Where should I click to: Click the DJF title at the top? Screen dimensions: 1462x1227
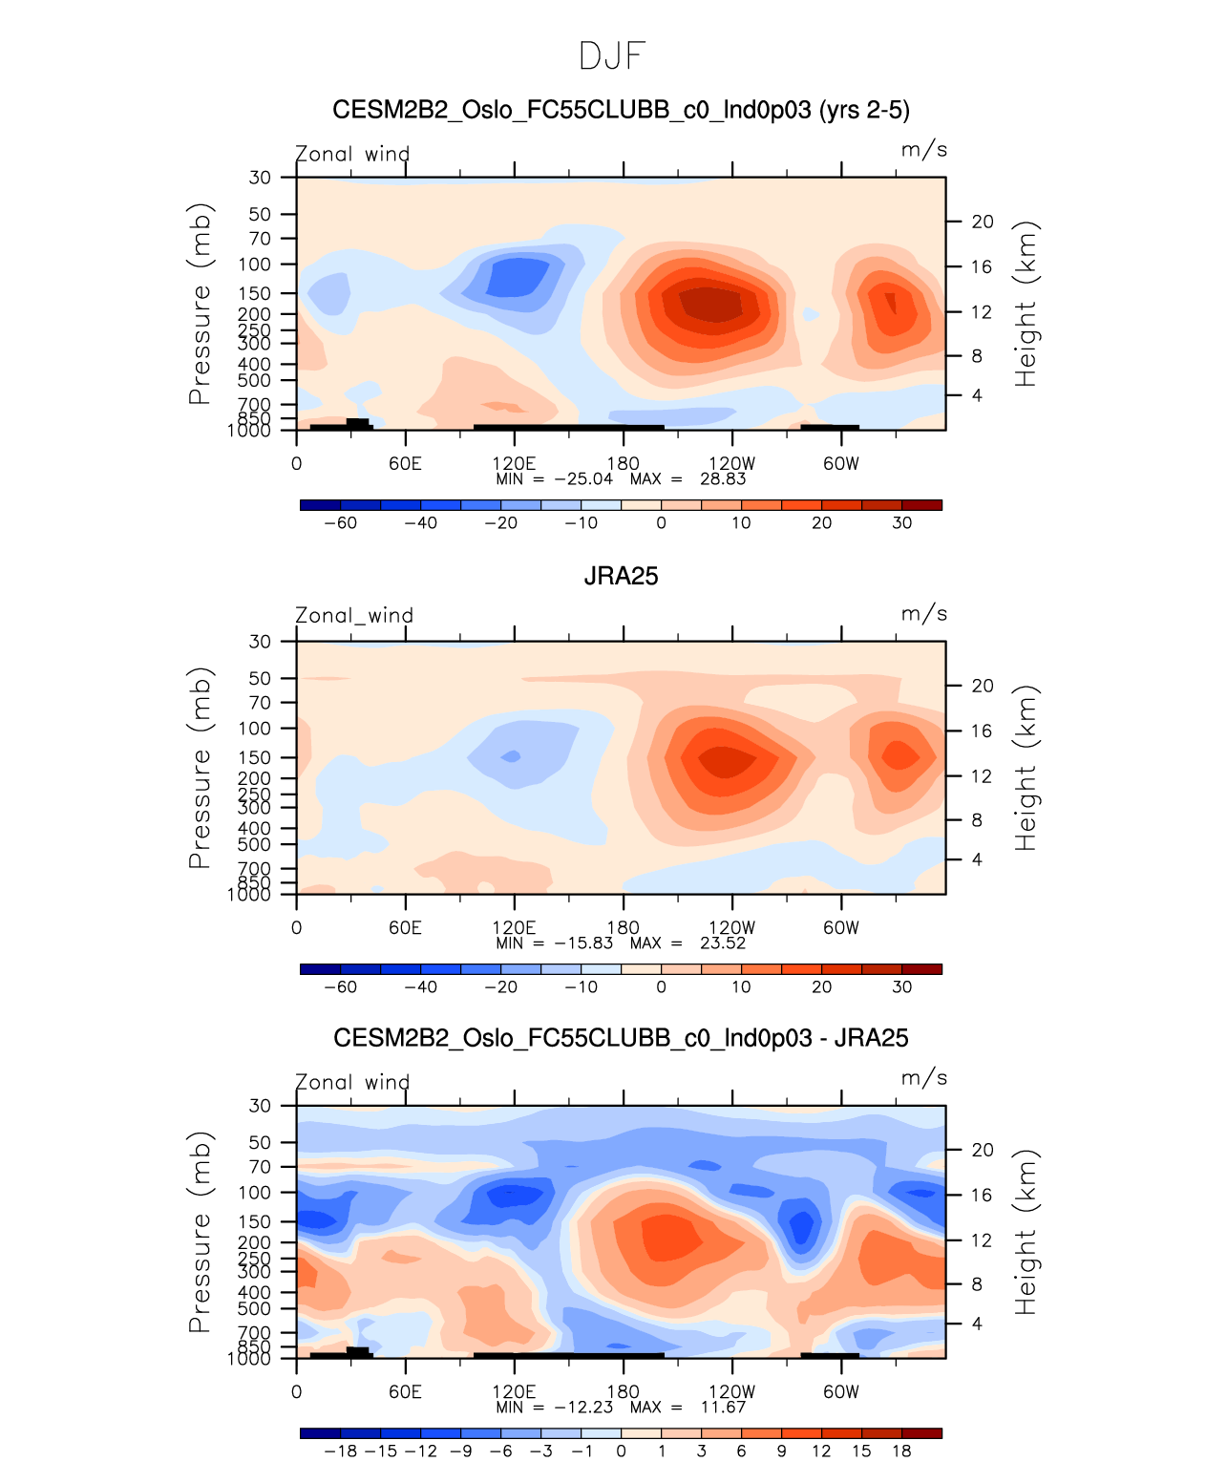point(612,56)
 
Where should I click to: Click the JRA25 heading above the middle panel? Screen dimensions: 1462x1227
point(621,576)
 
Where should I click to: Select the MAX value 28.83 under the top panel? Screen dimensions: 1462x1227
point(723,479)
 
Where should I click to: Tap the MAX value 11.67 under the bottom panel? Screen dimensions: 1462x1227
point(723,1408)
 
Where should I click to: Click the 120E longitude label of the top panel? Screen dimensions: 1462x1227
point(514,464)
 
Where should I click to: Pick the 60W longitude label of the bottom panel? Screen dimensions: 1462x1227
point(840,1392)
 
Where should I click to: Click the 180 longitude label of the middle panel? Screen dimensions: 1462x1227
point(623,928)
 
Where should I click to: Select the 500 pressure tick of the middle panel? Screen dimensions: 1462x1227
point(255,845)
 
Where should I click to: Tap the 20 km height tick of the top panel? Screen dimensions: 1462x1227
point(983,222)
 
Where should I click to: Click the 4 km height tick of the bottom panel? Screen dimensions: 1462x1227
point(977,1324)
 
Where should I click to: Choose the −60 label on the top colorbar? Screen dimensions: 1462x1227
point(340,523)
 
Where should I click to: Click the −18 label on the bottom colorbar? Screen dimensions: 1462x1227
point(340,1451)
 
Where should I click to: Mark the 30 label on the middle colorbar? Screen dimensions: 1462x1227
point(901,987)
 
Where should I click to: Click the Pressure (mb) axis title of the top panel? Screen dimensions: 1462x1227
point(199,304)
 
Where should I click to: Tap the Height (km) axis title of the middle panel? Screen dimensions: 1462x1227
point(1026,768)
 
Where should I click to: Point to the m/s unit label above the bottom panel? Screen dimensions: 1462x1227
point(923,1078)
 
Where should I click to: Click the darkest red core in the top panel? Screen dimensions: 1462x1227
point(711,304)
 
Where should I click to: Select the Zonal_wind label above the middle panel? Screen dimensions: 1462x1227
point(353,616)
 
